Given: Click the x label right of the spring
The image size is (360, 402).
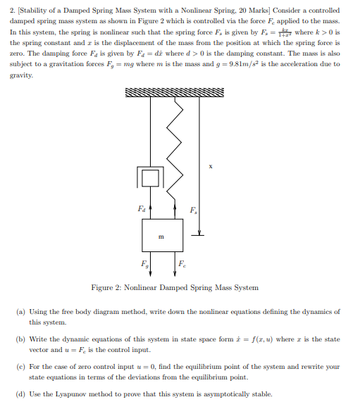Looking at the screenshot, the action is (x=210, y=167).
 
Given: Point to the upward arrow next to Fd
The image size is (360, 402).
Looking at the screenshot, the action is (x=153, y=209).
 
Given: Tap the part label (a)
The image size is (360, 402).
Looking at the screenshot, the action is (x=20, y=311).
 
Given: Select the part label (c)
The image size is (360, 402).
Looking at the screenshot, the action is (x=20, y=366).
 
